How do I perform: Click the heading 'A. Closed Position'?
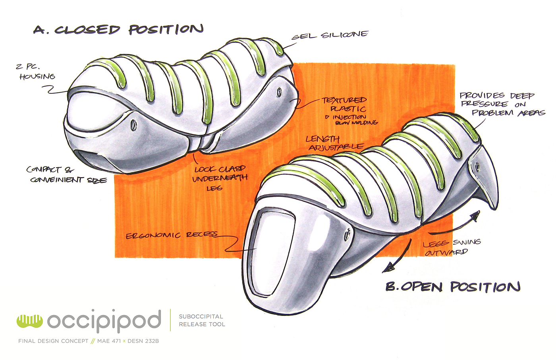[x=118, y=30]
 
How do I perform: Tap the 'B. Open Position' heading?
[x=453, y=286]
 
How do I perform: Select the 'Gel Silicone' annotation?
[x=330, y=35]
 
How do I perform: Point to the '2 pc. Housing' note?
[x=36, y=72]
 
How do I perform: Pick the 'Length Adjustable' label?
[x=334, y=143]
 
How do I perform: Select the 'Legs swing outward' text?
[x=451, y=247]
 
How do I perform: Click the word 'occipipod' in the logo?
[x=104, y=320]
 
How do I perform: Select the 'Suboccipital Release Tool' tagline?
[x=202, y=320]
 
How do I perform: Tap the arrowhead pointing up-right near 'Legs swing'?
[x=475, y=215]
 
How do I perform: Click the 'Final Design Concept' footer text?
[x=53, y=341]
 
